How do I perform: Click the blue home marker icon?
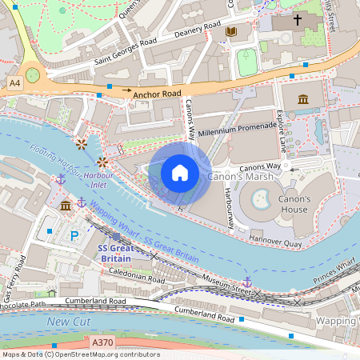(180, 173)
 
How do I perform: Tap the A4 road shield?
(15, 82)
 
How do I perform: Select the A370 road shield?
(102, 342)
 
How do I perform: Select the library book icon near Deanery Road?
(231, 31)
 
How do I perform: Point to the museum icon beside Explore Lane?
(303, 98)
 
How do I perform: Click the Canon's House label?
(293, 204)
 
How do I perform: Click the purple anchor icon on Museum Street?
(247, 282)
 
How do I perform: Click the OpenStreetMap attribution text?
(80, 354)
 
